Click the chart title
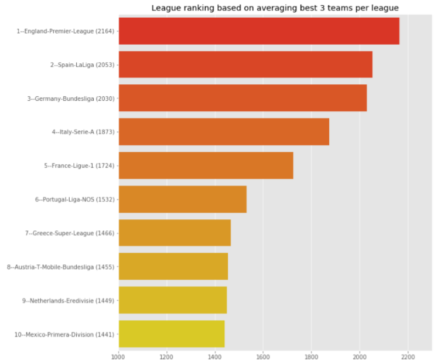[x=275, y=8]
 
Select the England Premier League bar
[x=259, y=31]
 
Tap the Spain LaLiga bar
[x=245, y=64]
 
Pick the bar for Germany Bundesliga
[x=242, y=98]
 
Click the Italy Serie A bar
[x=224, y=132]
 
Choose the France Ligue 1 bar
[x=206, y=165]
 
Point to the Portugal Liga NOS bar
[x=182, y=199]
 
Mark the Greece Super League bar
[x=175, y=233]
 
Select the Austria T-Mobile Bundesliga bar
[x=173, y=267]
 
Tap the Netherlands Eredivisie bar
[x=173, y=300]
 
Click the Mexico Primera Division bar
[x=172, y=334]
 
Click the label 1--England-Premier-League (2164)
[x=66, y=31]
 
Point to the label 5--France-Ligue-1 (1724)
[x=79, y=166]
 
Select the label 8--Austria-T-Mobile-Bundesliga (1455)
[x=61, y=267]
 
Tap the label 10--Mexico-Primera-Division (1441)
[x=64, y=335]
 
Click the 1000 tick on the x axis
[x=119, y=355]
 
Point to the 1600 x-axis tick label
[x=263, y=355]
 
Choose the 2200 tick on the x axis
[x=408, y=355]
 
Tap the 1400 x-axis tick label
[x=215, y=355]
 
